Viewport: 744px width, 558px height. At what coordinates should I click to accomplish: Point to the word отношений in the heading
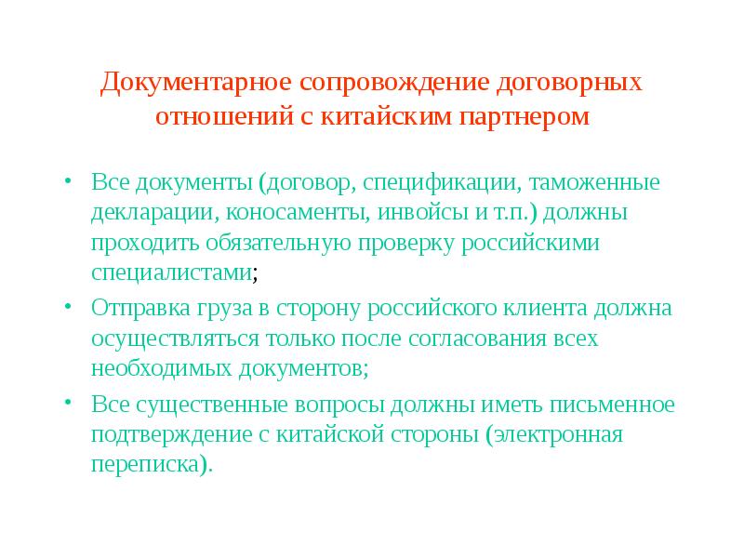pyautogui.click(x=213, y=118)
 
